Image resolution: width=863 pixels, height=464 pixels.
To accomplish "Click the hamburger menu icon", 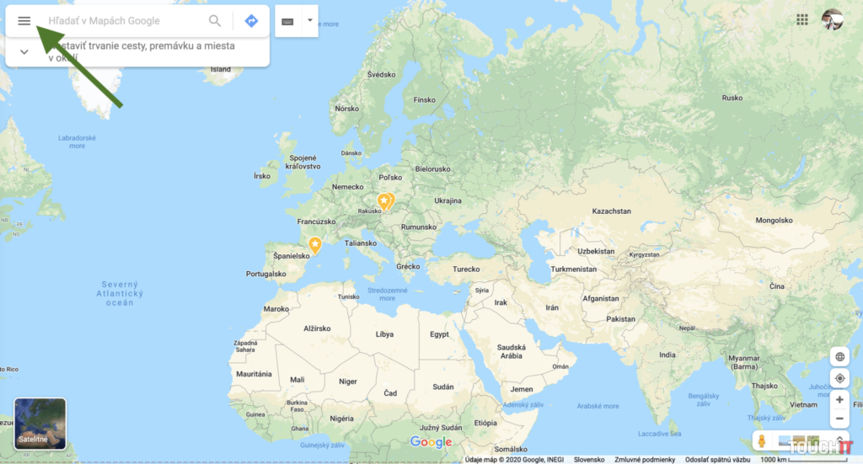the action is pyautogui.click(x=24, y=21).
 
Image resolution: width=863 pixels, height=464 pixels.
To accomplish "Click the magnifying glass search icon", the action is pyautogui.click(x=215, y=21).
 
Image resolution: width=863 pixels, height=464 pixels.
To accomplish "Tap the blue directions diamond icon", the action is pyautogui.click(x=251, y=21).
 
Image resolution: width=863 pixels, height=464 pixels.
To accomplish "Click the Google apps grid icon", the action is pyautogui.click(x=801, y=19).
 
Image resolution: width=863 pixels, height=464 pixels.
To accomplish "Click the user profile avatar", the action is pyautogui.click(x=832, y=19).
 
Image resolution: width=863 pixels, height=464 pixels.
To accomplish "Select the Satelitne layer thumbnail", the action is pyautogui.click(x=40, y=424).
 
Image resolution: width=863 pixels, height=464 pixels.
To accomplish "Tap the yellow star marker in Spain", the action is pyautogui.click(x=315, y=245).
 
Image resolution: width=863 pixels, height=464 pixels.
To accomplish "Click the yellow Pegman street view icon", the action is pyautogui.click(x=761, y=441).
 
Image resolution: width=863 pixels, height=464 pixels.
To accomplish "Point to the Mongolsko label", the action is pyautogui.click(x=774, y=221).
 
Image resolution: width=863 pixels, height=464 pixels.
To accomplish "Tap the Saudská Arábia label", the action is pyautogui.click(x=512, y=351).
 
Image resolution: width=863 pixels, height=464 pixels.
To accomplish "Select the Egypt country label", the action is pyautogui.click(x=439, y=334).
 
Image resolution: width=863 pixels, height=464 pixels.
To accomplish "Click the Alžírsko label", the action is pyautogui.click(x=317, y=328).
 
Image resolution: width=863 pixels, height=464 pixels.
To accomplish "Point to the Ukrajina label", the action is pyautogui.click(x=448, y=201).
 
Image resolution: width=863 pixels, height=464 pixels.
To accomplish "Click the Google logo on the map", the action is pyautogui.click(x=431, y=442).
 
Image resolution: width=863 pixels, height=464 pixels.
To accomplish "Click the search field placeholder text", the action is pyautogui.click(x=105, y=21).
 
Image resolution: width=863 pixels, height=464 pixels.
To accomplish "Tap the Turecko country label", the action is pyautogui.click(x=466, y=269).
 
